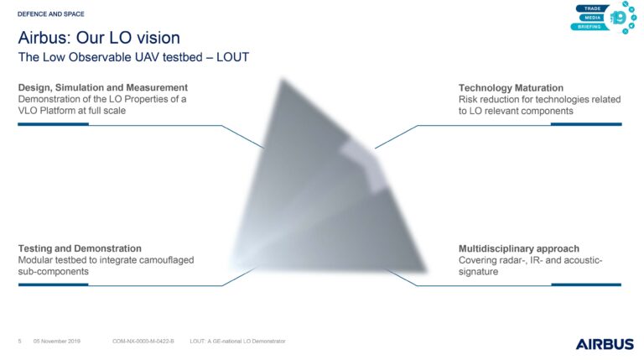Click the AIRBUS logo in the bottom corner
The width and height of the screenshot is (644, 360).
(605, 344)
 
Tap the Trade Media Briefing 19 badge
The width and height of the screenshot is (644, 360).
(604, 18)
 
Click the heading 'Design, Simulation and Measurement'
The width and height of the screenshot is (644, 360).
(102, 87)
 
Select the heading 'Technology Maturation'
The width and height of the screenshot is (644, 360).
(511, 88)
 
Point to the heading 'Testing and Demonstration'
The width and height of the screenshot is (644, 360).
(80, 248)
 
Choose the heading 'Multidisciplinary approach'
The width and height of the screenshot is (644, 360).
(519, 248)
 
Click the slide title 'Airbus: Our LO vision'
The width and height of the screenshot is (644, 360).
(99, 38)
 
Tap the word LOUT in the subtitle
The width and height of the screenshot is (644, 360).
(232, 57)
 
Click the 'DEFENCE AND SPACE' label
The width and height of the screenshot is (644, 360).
(51, 14)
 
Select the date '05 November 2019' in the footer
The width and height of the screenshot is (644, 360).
(57, 341)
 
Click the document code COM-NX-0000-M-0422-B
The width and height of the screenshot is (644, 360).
(143, 341)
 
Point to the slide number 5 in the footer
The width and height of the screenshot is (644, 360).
(20, 341)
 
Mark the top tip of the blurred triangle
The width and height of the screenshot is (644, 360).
(283, 79)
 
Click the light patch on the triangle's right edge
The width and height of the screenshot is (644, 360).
(363, 164)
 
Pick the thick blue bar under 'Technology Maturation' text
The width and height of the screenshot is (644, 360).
(586, 124)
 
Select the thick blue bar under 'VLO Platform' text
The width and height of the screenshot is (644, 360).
(54, 124)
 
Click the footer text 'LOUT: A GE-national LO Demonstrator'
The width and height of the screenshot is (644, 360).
(237, 341)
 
